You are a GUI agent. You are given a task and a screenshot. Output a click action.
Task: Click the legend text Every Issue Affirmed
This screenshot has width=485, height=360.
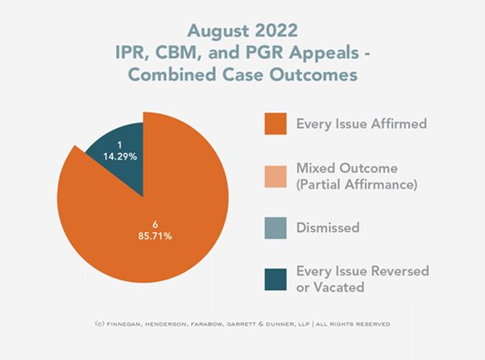click(x=361, y=124)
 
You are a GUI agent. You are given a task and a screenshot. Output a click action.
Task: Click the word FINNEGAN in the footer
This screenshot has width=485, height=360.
click(x=141, y=325)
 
